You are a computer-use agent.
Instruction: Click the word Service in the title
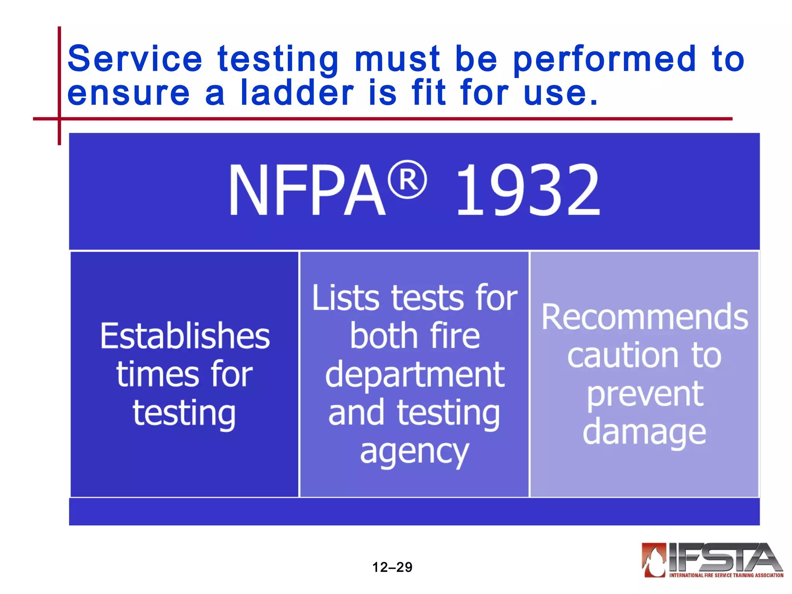[135, 59]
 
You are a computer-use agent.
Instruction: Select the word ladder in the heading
[297, 93]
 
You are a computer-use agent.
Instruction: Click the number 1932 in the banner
[527, 189]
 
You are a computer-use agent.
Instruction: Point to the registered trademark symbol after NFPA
[407, 179]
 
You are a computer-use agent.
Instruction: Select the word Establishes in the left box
[185, 336]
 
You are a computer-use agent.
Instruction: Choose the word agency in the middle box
[415, 452]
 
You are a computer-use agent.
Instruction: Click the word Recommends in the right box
[645, 317]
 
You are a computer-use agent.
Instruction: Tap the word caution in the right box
[622, 355]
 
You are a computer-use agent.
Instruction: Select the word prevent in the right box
[645, 394]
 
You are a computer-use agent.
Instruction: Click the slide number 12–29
[392, 567]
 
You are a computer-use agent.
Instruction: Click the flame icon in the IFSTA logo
[654, 560]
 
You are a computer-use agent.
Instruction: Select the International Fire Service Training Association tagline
[726, 575]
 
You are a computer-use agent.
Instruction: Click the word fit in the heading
[428, 93]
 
